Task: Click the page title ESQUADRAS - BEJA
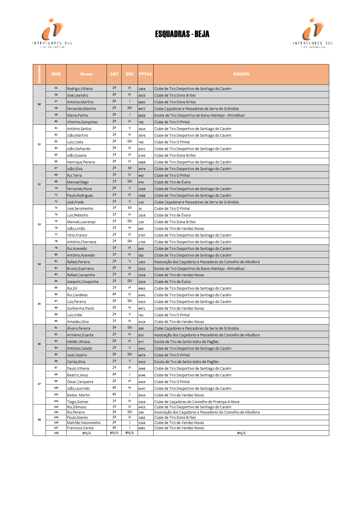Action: (182, 34)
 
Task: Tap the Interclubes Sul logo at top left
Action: (52, 33)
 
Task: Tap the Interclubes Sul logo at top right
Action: (313, 33)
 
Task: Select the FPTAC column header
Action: (145, 74)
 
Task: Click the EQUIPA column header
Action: (241, 74)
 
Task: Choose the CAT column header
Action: (114, 74)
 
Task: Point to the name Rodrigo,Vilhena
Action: (80, 89)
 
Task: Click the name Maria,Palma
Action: (78, 115)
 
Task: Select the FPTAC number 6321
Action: (142, 149)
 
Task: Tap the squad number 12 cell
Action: (39, 185)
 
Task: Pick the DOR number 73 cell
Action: (56, 208)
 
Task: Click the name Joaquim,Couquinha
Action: (83, 282)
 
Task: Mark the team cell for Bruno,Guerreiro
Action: (199, 269)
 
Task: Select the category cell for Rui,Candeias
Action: (114, 295)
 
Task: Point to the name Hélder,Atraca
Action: (78, 342)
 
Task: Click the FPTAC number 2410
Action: (142, 362)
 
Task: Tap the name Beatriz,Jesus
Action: (78, 375)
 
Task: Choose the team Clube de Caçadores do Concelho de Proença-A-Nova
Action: (197, 402)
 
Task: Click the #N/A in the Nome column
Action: (87, 433)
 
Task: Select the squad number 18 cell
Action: (39, 420)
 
